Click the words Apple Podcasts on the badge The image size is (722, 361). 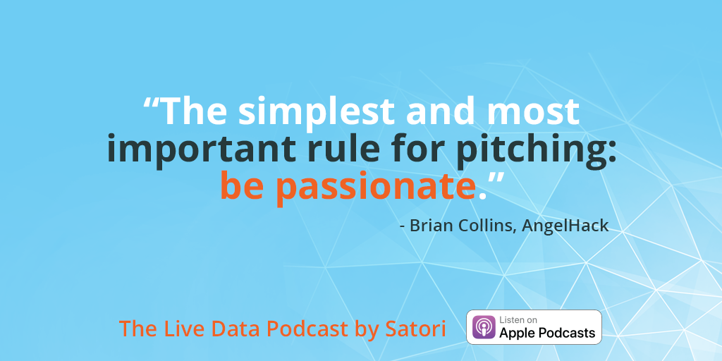[x=547, y=333]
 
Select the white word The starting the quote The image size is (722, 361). [x=194, y=113]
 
